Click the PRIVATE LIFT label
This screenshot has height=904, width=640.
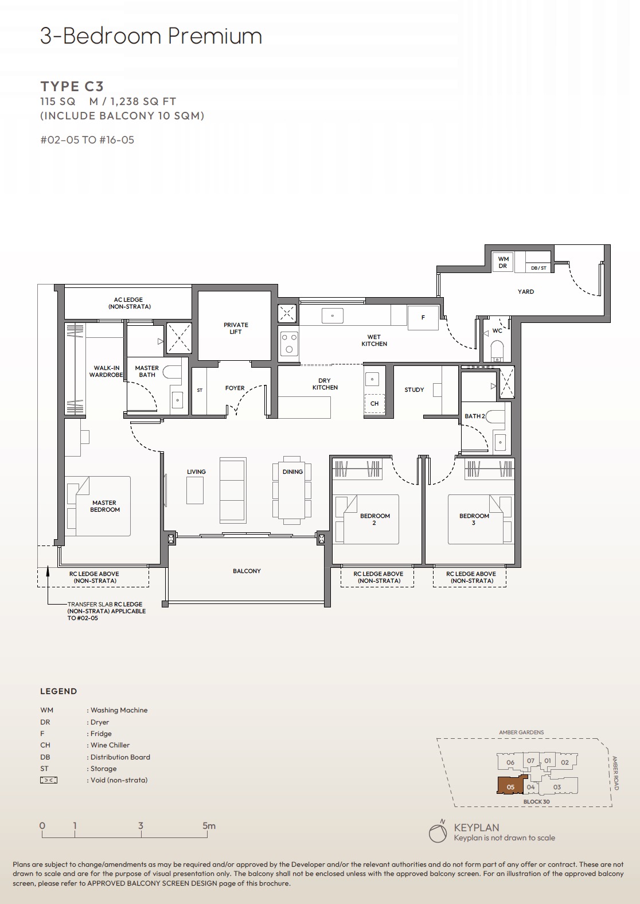pos(236,328)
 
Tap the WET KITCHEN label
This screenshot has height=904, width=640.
pos(374,341)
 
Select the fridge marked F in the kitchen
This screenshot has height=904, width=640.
pos(423,318)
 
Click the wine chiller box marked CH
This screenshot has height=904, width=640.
pos(374,403)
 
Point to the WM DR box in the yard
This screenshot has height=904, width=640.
pos(503,262)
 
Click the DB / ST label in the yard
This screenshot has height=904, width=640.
pos(538,268)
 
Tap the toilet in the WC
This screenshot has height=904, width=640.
pos(497,349)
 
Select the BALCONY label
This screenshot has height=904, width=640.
pos(247,571)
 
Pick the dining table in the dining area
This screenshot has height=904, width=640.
pos(292,490)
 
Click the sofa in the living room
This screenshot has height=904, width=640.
pos(233,490)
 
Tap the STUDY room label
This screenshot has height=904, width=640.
pos(414,389)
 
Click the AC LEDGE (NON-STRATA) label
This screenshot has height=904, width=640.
pos(128,303)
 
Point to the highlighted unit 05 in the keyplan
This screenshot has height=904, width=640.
pos(510,786)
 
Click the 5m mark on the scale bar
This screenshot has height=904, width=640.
pos(209,827)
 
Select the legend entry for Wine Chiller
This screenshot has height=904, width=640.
pos(110,745)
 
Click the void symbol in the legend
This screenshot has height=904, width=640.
pos(49,780)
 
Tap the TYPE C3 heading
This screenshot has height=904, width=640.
pos(72,87)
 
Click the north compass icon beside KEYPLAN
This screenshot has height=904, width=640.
pos(438,833)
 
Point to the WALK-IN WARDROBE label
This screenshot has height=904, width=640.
pos(106,371)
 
